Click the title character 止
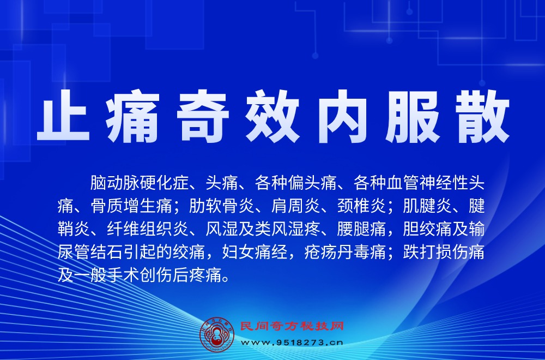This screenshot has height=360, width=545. pyautogui.click(x=63, y=119)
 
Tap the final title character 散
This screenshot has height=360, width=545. pyautogui.click(x=482, y=119)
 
